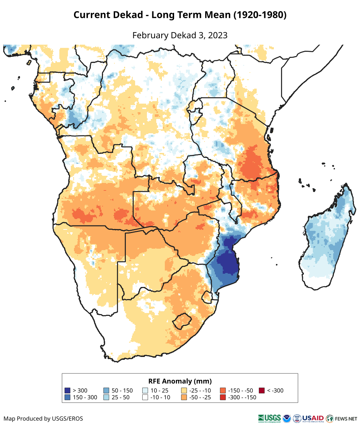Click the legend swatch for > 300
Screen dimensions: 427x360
[x=67, y=391]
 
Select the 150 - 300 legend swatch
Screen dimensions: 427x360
[x=67, y=397]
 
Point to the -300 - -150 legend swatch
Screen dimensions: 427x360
[x=223, y=397]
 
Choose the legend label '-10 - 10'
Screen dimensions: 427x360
[x=161, y=397]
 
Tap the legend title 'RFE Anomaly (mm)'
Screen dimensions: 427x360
[x=180, y=381]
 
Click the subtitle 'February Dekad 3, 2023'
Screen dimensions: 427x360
[x=180, y=35]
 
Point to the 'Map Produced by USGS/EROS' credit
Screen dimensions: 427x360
[x=43, y=418]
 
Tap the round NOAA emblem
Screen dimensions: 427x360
[x=287, y=418]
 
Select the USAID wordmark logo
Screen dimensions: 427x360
[x=313, y=418]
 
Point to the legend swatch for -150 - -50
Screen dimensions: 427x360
[x=223, y=391]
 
